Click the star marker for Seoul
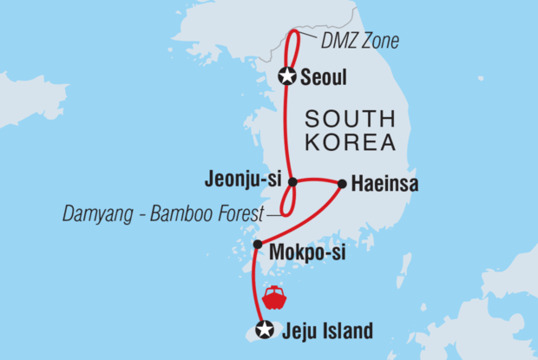[x=287, y=76]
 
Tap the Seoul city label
[x=324, y=77]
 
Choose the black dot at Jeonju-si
[x=292, y=182]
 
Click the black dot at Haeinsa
[x=342, y=184]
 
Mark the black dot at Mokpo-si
[x=257, y=245]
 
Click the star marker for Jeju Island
[x=265, y=330]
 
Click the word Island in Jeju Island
[x=345, y=331]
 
